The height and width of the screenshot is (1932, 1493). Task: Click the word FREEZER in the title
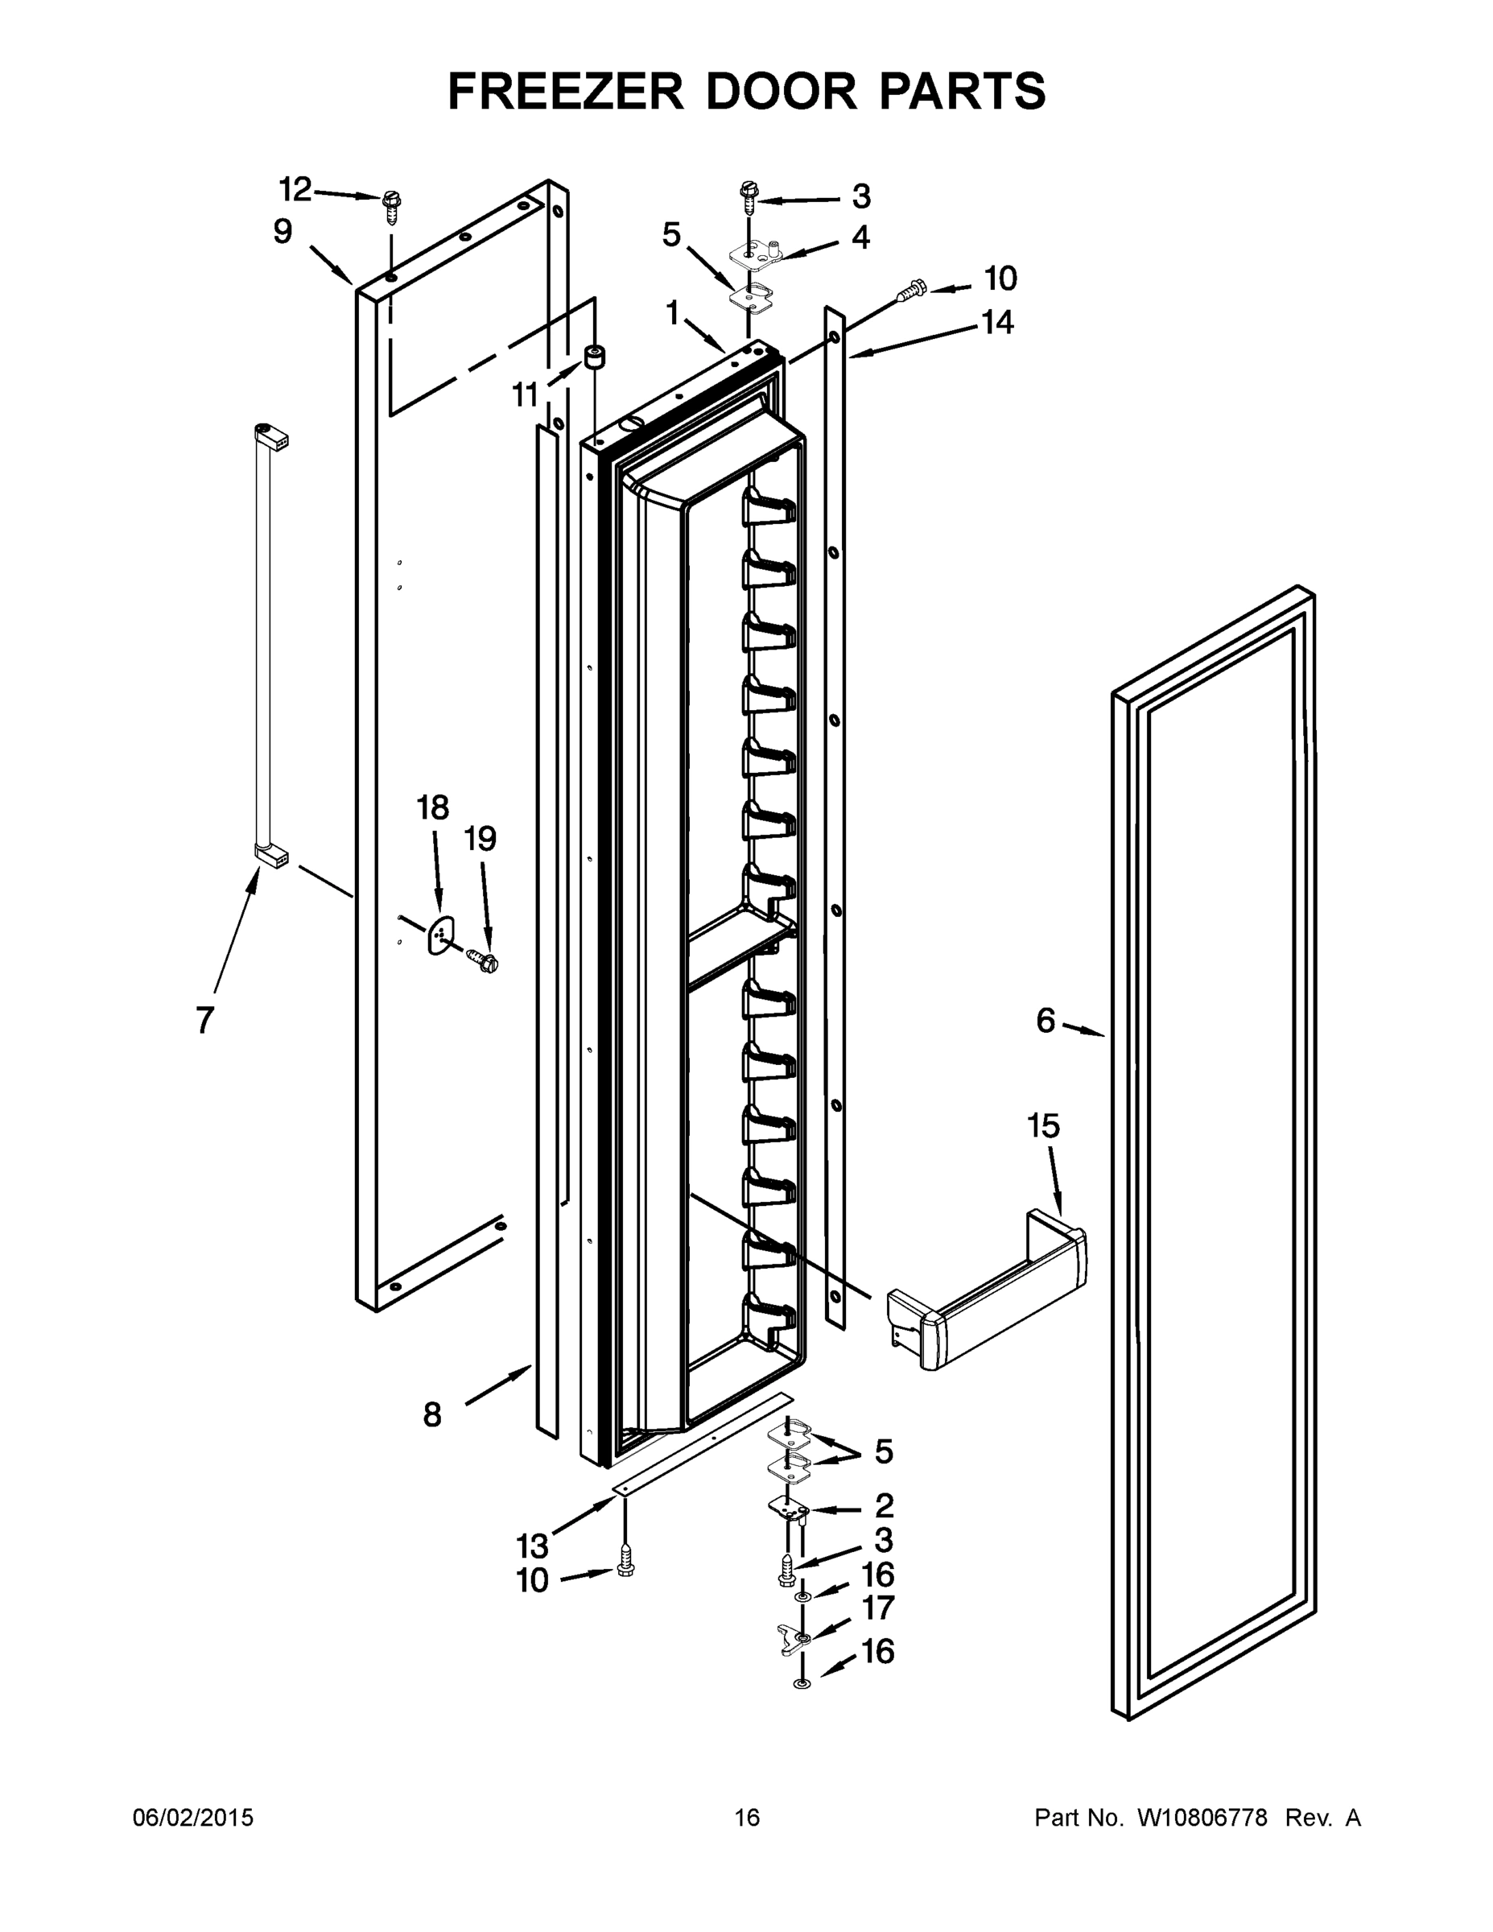[x=565, y=91]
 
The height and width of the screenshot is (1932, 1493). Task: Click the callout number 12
[x=295, y=189]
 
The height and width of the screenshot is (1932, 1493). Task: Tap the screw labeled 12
[x=390, y=207]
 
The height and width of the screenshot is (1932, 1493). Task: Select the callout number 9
[x=283, y=232]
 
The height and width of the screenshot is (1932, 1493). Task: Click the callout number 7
[x=205, y=1020]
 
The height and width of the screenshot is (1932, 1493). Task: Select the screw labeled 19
[x=483, y=959]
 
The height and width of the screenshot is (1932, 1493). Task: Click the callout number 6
[x=1046, y=1021]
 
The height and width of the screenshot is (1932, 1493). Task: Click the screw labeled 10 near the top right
[x=912, y=287]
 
